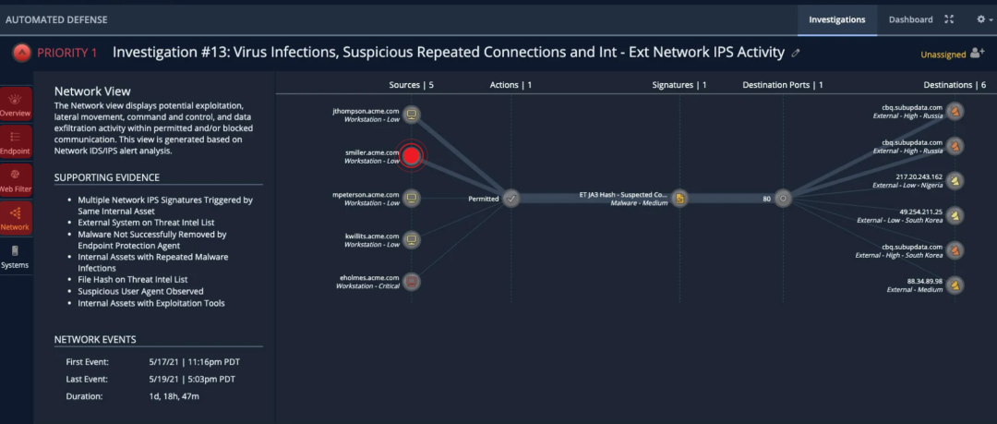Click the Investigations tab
(836, 19)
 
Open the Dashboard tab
(910, 19)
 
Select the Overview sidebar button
(15, 104)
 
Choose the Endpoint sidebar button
(15, 142)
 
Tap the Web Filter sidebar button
(15, 180)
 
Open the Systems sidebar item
(15, 256)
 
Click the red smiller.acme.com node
(412, 156)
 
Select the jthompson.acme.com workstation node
(412, 115)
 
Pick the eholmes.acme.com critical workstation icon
(412, 282)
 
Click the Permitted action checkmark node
(511, 198)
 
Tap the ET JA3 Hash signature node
(679, 198)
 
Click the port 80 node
(783, 198)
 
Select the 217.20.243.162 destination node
(955, 180)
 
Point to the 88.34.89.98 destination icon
(955, 285)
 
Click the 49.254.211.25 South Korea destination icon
(955, 215)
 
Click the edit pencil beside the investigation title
(796, 54)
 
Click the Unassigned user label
(943, 55)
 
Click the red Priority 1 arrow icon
(20, 53)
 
